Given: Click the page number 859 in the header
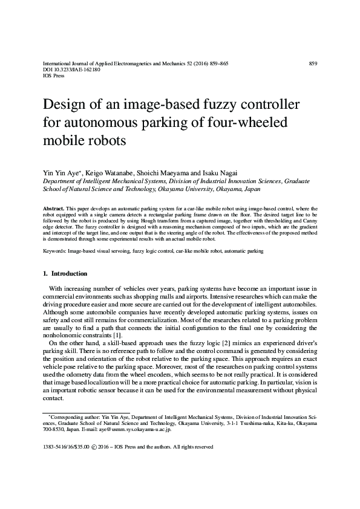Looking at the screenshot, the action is pyautogui.click(x=313, y=63).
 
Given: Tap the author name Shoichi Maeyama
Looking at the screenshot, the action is pyautogui.click(x=162, y=172).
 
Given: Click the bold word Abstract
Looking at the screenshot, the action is pyautogui.click(x=55, y=208).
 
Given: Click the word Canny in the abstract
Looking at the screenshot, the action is pyautogui.click(x=310, y=221).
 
